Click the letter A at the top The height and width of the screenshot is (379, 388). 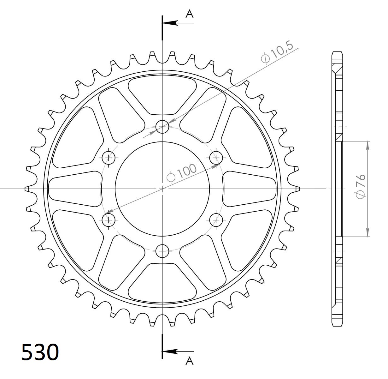pyautogui.click(x=189, y=14)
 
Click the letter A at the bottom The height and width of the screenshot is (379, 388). pyautogui.click(x=189, y=361)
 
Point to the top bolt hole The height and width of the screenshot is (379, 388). pyautogui.click(x=162, y=127)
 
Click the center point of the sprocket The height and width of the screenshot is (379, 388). pyautogui.click(x=162, y=189)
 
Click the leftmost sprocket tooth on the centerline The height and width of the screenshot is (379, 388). pyautogui.click(x=27, y=189)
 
